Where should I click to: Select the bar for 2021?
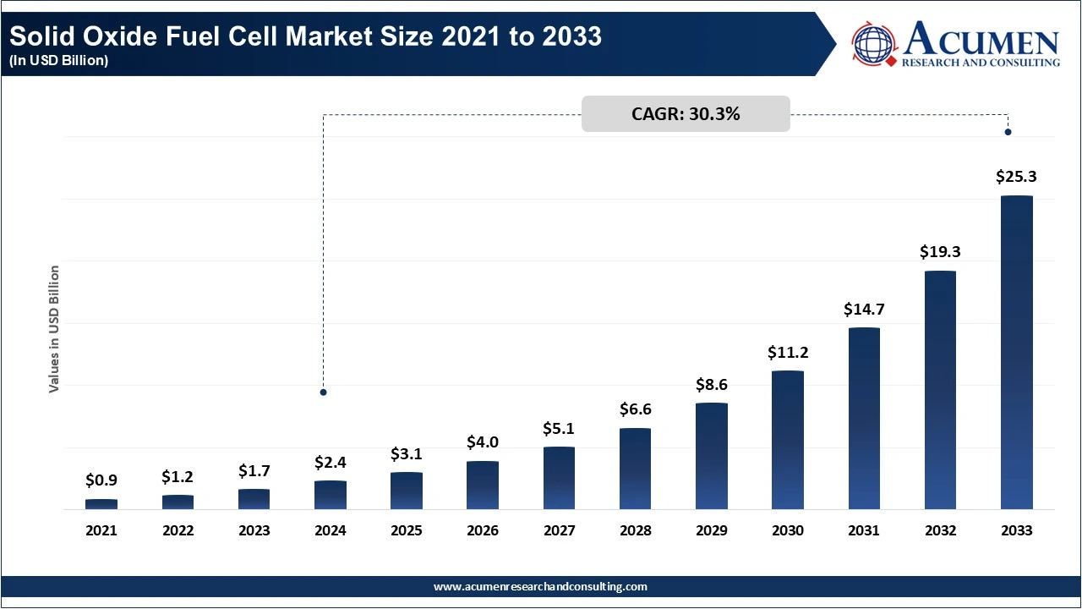coord(101,504)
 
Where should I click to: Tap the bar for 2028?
coord(635,469)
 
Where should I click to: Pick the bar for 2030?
coord(788,440)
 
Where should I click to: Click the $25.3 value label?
coord(1016,177)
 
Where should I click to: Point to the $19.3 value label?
coord(940,252)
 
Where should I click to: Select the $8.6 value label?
coord(711,384)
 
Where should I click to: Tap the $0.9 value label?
coord(101,480)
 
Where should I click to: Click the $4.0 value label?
coord(483,442)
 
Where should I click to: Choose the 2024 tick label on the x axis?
coord(331,531)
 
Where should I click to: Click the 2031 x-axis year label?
coord(864,531)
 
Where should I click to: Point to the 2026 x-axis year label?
coord(483,531)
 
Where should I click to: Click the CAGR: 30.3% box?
coord(686,114)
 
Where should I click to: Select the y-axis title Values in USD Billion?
coord(54,329)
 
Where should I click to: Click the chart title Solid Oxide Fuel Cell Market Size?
coord(306,37)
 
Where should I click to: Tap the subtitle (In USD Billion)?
coord(59,61)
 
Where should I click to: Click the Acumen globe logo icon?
coord(873,44)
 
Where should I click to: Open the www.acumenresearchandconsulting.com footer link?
coord(540,586)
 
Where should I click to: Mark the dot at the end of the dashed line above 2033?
coord(1008,132)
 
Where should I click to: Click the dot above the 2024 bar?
coord(323,392)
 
